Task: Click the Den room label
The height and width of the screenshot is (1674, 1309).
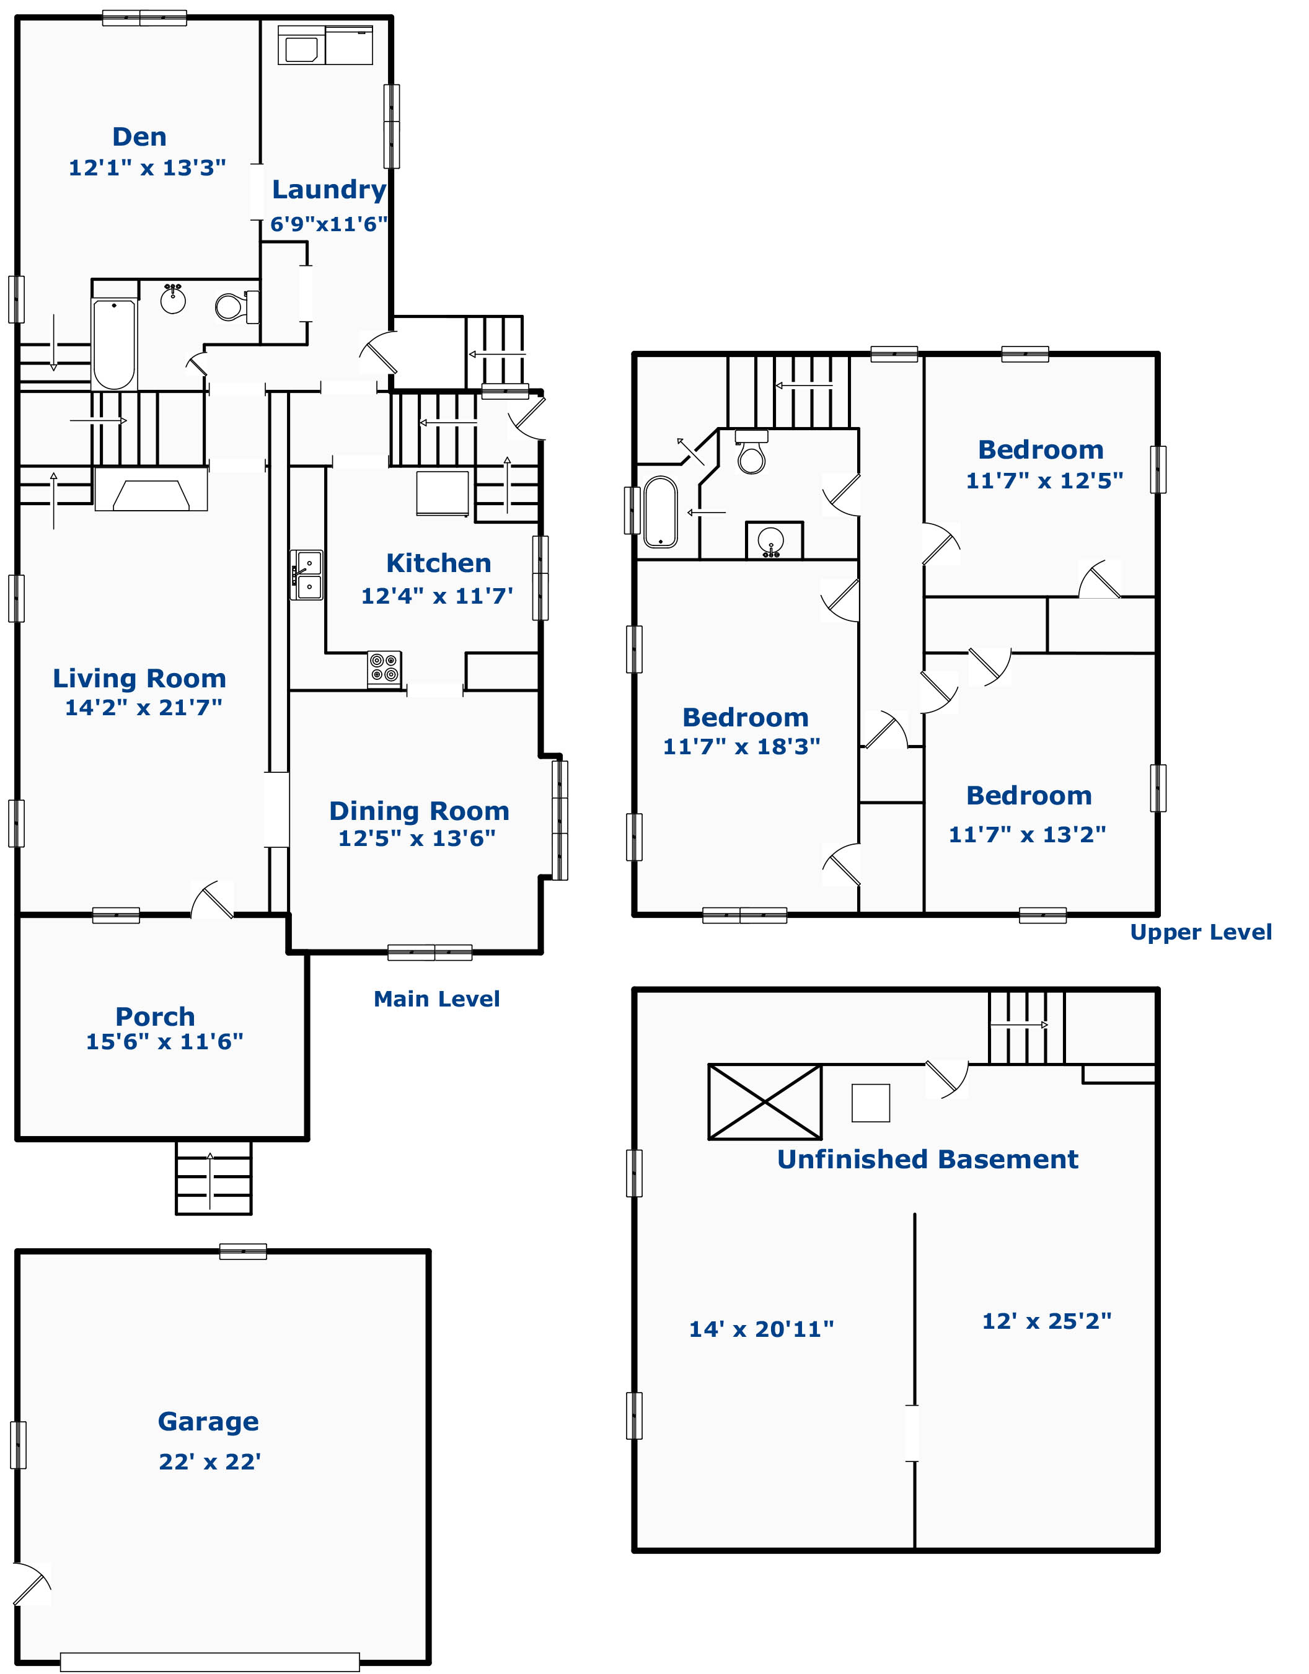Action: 139,136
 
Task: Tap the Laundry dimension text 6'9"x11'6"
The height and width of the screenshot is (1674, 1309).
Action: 328,224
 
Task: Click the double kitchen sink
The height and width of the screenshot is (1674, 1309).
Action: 307,575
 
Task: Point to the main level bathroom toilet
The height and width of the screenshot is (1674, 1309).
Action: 237,307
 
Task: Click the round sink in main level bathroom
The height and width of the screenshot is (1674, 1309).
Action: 173,298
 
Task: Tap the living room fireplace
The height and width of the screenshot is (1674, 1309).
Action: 151,490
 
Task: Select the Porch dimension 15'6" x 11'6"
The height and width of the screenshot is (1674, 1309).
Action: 164,1042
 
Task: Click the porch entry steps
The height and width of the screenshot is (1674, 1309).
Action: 214,1178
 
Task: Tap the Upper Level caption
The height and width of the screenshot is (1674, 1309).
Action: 1201,932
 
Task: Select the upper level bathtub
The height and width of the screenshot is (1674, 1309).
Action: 661,512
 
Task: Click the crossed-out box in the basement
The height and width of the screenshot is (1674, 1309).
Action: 765,1102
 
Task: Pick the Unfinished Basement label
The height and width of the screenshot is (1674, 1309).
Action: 927,1159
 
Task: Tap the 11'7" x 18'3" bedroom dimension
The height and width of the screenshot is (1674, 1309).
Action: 741,747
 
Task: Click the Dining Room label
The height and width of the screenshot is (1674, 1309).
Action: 419,811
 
